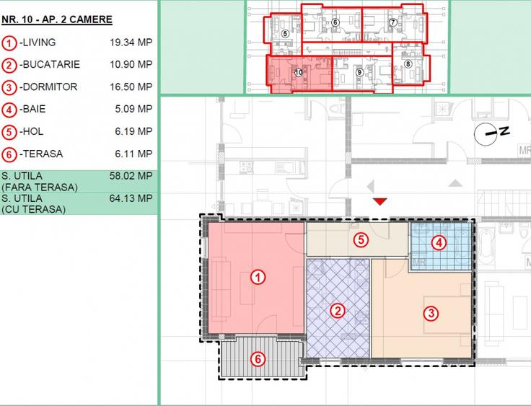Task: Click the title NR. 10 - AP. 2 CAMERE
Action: coord(57,19)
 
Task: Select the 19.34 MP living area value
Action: coord(131,43)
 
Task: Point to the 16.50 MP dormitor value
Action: coord(131,87)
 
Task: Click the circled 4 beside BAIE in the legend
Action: coord(9,110)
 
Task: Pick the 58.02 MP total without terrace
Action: coord(131,176)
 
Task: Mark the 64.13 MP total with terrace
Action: coord(131,198)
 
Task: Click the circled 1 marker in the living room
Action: coord(258,278)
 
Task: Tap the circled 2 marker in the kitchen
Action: coord(338,311)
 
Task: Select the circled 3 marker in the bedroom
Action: coord(431,313)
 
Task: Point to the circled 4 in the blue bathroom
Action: coord(439,243)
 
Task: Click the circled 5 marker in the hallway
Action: coord(361,239)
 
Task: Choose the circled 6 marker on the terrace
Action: coord(258,359)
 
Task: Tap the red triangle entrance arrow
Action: coord(380,201)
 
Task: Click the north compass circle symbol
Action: coord(486,134)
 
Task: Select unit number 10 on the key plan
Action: coord(299,72)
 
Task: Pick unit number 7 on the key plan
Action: coord(392,22)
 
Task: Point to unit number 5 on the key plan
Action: coord(285,33)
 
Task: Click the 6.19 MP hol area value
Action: coord(133,131)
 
